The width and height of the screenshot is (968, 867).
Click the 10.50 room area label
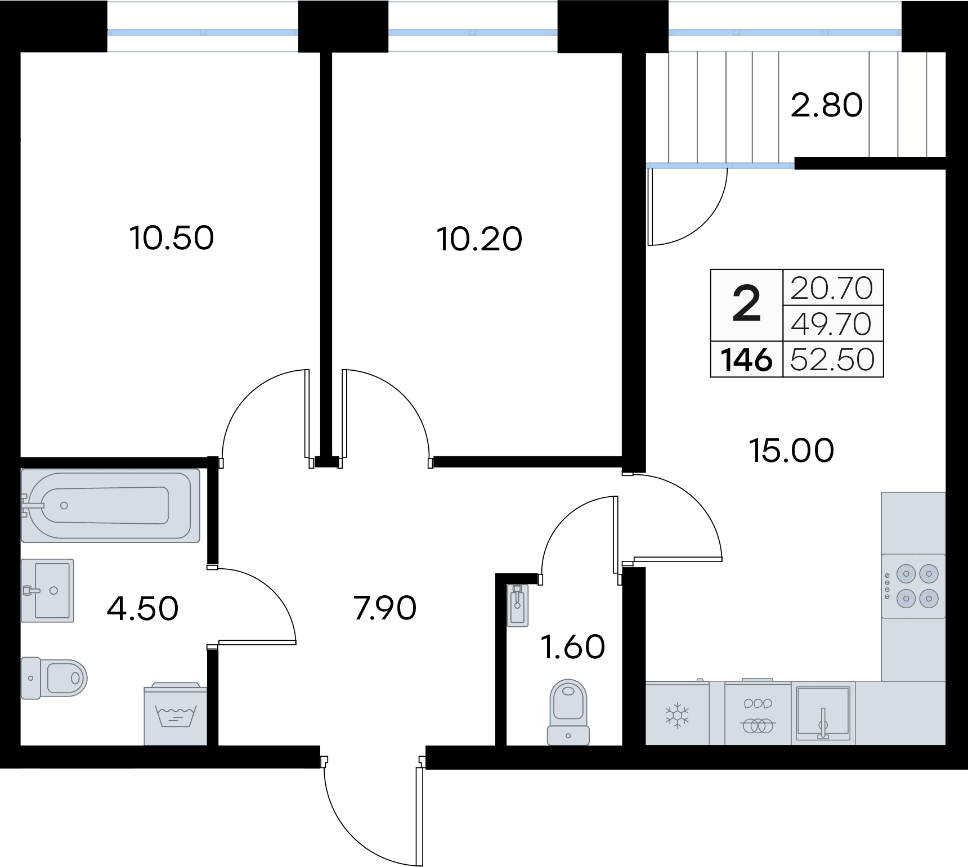tap(172, 238)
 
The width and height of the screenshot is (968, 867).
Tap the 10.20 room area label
tap(479, 239)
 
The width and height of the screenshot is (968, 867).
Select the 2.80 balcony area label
tap(826, 105)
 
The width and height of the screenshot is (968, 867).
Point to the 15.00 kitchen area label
tap(791, 451)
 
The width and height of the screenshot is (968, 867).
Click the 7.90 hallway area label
tap(386, 608)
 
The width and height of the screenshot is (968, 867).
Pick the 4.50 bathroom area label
tap(142, 608)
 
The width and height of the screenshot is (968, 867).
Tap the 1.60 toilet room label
tap(572, 647)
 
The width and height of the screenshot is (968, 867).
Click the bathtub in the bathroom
tap(110, 505)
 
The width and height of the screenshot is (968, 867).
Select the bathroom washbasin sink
tap(48, 591)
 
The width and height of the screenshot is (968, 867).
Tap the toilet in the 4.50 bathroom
tap(55, 678)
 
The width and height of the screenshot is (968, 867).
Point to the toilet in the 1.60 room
tap(568, 712)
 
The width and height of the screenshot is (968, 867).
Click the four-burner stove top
tap(913, 586)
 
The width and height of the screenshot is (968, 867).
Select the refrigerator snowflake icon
tap(677, 715)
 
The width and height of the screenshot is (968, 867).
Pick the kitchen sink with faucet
tap(823, 713)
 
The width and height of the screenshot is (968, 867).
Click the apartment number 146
tap(746, 359)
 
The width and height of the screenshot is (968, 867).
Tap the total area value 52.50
tap(832, 359)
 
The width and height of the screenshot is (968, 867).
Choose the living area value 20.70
tap(832, 288)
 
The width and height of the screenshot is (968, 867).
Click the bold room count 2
tap(746, 305)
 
